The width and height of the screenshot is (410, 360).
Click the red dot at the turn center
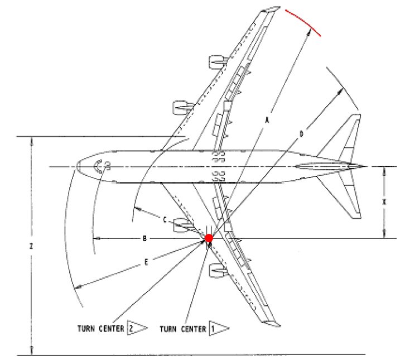tap(209, 238)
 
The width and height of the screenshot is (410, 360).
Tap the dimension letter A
tap(267, 120)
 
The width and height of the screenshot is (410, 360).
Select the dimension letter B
tap(144, 238)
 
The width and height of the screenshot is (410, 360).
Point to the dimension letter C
tap(165, 220)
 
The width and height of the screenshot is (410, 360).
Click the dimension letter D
tap(301, 134)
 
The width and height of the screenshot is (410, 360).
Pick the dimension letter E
tap(146, 262)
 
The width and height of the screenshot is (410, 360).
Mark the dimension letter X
tap(384, 202)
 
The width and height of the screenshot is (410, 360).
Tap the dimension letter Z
tap(31, 246)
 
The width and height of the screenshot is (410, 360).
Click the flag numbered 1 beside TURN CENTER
tap(219, 328)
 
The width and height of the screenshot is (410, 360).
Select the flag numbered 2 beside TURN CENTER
tap(137, 327)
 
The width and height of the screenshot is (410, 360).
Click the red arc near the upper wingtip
tap(303, 22)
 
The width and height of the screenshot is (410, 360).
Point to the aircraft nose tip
tap(76, 166)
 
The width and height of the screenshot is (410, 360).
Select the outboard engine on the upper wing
tap(218, 62)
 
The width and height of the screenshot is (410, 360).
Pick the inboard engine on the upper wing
tap(182, 108)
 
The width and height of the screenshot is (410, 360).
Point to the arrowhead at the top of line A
tap(309, 32)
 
